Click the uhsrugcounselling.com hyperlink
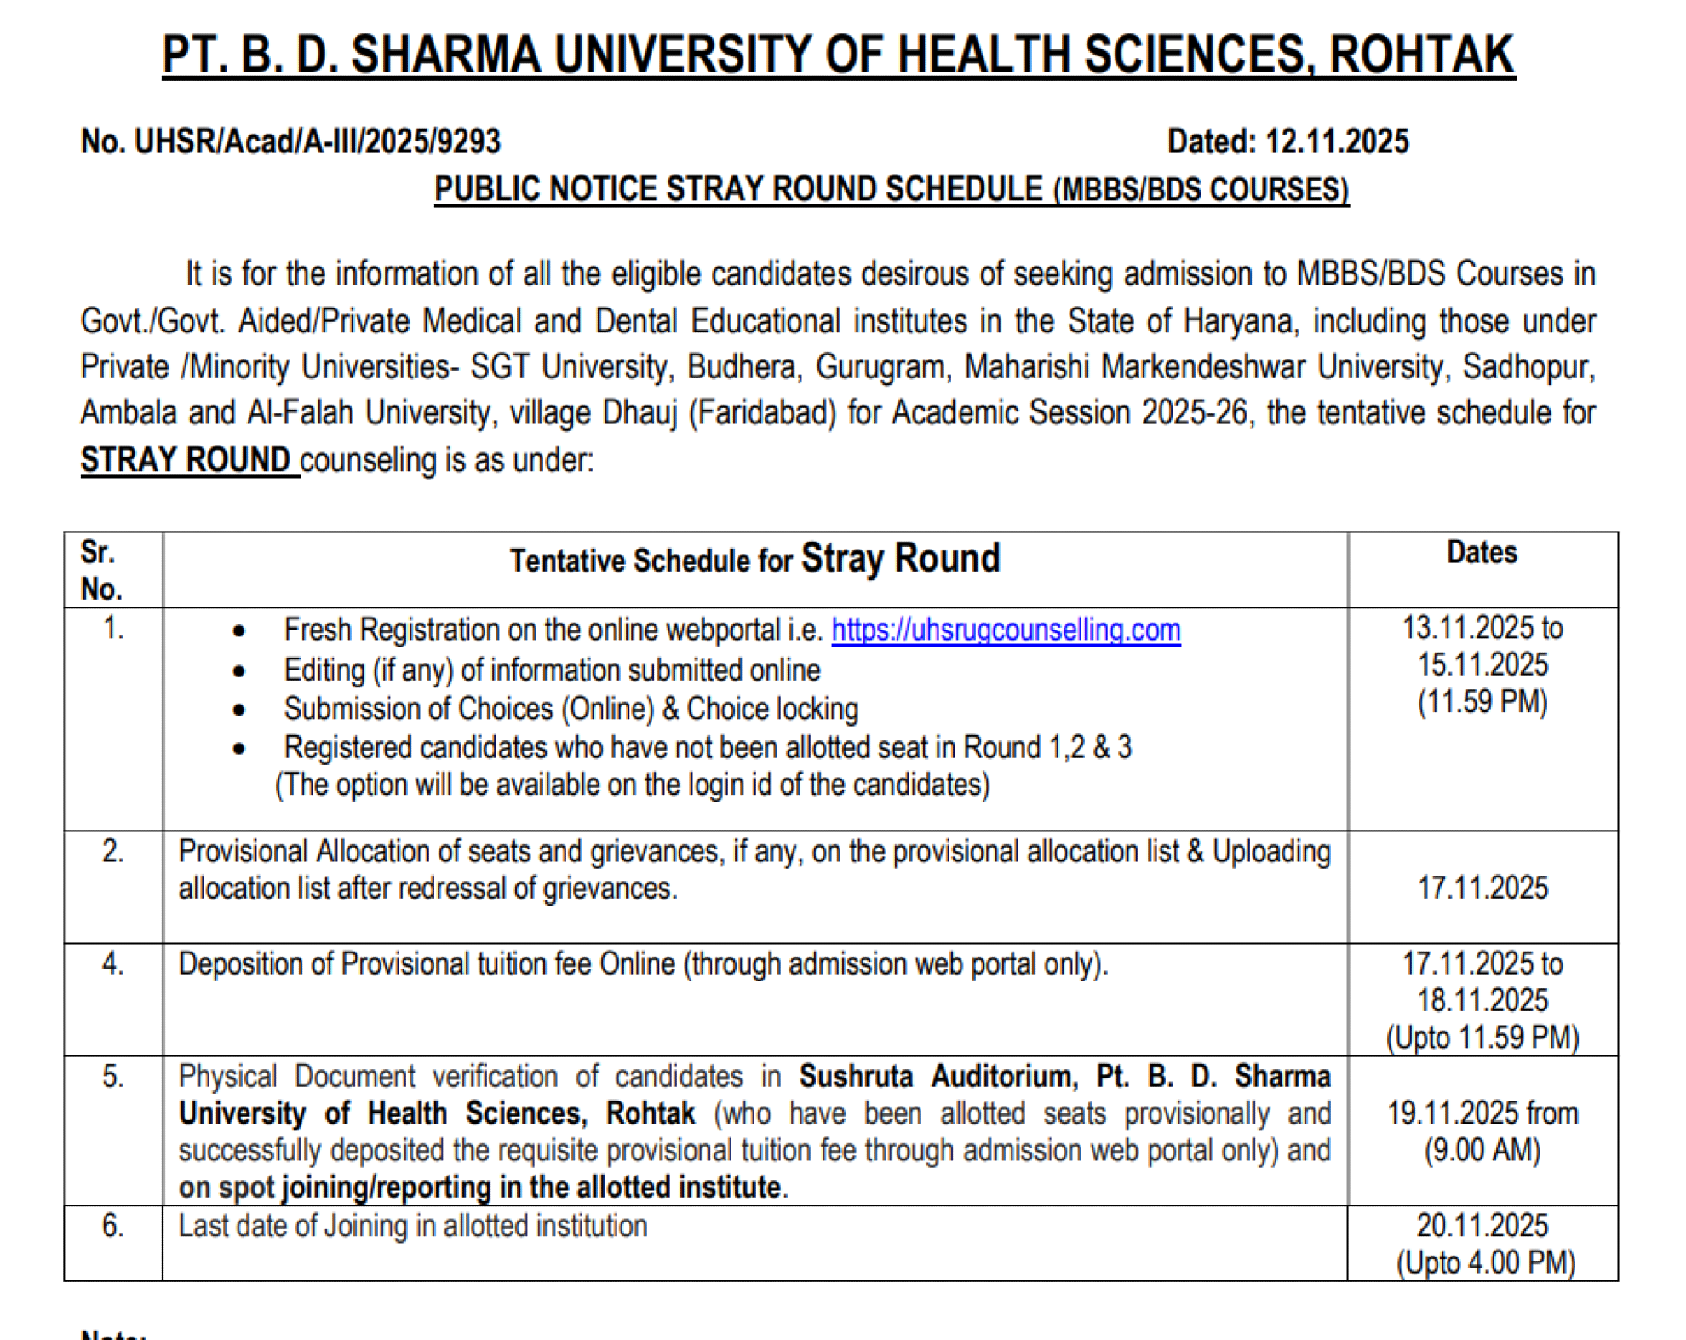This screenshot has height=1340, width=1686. coord(1006,630)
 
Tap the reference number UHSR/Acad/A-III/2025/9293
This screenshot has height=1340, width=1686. coord(318,141)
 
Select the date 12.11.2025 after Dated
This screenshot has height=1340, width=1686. coord(1337,141)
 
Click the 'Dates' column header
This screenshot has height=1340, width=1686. coord(1482,553)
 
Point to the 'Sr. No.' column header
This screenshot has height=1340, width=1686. coord(101,570)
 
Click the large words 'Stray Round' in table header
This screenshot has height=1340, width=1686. coord(900,559)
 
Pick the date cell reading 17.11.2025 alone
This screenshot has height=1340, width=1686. coord(1482,888)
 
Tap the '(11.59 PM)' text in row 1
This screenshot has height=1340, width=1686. coord(1482,702)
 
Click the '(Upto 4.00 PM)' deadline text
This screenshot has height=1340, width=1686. coord(1485,1262)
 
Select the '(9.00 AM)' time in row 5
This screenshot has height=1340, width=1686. coord(1482,1150)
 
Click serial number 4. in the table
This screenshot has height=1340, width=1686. coord(113,964)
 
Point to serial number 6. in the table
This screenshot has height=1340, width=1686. coord(113,1226)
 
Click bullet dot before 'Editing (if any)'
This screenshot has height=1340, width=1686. coord(239,671)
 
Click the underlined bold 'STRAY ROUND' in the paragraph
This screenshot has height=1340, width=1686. coord(186,460)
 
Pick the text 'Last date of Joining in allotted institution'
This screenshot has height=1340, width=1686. coord(413,1226)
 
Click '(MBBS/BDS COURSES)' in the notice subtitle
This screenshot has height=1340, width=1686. coord(1201,189)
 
